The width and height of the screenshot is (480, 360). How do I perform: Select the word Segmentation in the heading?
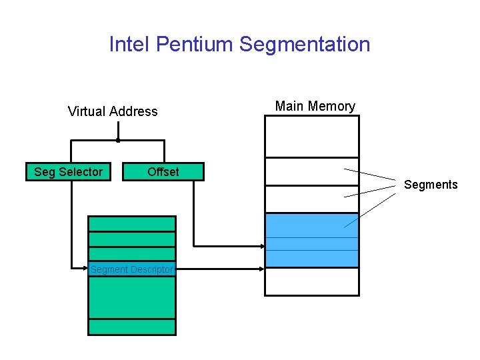305,45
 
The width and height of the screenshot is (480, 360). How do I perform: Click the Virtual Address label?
113,111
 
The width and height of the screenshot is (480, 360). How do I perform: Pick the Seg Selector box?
68,172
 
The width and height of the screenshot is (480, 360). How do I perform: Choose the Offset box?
163,172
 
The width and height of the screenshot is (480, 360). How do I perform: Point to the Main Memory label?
315,106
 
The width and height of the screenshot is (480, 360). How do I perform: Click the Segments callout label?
431,185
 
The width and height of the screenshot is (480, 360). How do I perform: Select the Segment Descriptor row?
132,269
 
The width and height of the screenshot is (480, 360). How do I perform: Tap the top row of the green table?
132,223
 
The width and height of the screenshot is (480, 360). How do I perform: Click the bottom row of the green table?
132,327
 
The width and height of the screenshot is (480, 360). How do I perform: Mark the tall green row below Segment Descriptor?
132,297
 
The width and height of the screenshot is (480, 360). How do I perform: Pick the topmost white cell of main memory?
311,136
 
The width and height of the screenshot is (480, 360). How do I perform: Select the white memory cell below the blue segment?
311,281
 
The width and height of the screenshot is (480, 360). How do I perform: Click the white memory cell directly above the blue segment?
311,199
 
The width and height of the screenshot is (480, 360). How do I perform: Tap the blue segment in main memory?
311,240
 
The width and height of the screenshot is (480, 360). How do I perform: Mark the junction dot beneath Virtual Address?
118,141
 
